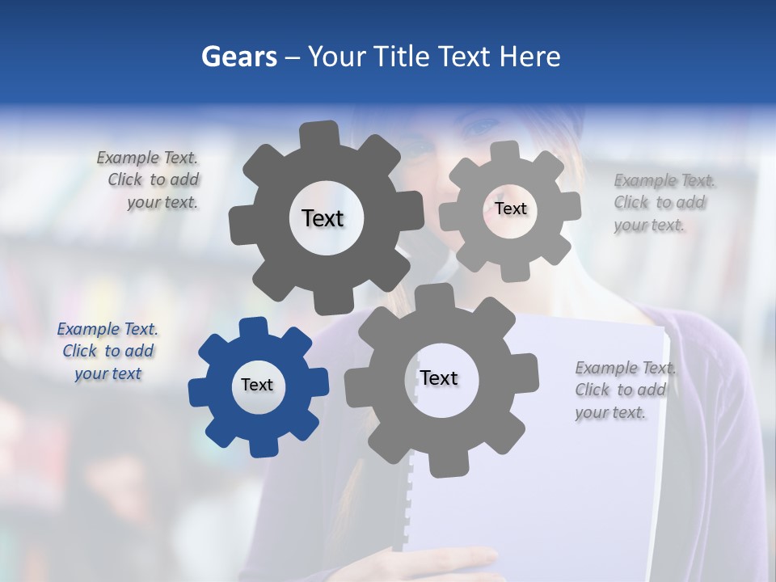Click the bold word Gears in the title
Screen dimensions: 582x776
pos(238,57)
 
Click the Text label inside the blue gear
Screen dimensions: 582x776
pos(257,386)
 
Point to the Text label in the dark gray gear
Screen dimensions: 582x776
pos(323,218)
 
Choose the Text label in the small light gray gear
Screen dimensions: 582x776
pos(510,209)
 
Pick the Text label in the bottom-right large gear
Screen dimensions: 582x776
pos(439,378)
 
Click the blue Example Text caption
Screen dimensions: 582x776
pos(108,352)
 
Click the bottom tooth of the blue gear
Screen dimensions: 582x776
pos(261,445)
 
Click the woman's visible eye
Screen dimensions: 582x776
pos(483,127)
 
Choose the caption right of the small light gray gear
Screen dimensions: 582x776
pos(660,203)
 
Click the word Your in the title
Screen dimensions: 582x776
pos(337,57)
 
